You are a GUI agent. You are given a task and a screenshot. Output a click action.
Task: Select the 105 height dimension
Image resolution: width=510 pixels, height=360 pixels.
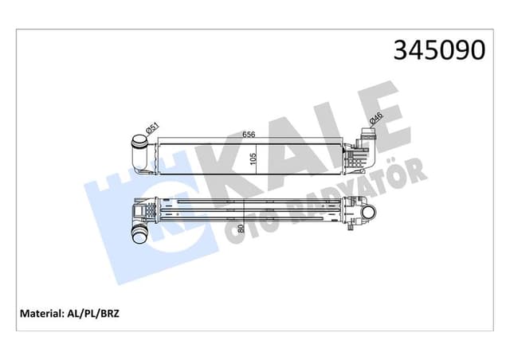click(253, 158)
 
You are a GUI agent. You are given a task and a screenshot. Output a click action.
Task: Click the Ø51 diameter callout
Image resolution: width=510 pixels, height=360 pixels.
click(150, 127)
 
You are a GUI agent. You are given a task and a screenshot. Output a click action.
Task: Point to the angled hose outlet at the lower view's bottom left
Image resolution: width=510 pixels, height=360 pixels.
click(136, 233)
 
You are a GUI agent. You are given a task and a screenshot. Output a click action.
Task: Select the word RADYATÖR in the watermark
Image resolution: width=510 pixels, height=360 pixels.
click(359, 187)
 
